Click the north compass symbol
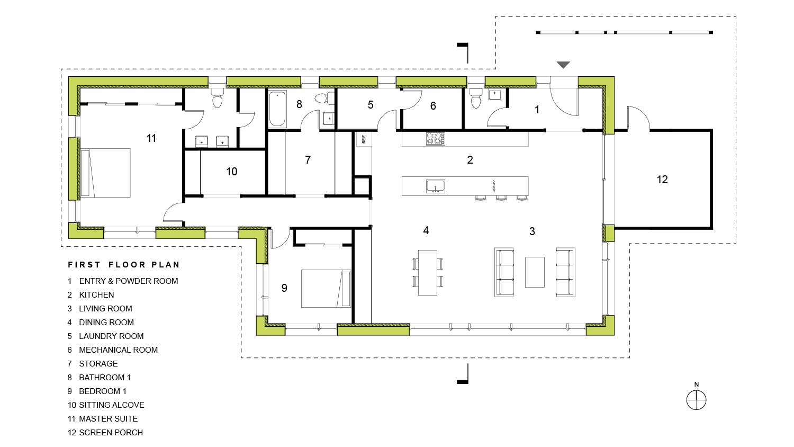pyautogui.click(x=696, y=400)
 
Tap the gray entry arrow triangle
pyautogui.click(x=563, y=65)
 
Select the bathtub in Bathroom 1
pyautogui.click(x=277, y=110)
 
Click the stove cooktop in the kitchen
pyautogui.click(x=435, y=139)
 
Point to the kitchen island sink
pyautogui.click(x=435, y=186)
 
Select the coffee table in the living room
pyautogui.click(x=535, y=272)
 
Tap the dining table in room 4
pyautogui.click(x=428, y=272)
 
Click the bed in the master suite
pyautogui.click(x=105, y=173)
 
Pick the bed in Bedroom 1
pyautogui.click(x=326, y=289)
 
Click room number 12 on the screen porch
pyautogui.click(x=662, y=180)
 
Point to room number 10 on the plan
pyautogui.click(x=231, y=172)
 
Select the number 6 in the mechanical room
pyautogui.click(x=433, y=106)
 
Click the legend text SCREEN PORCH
pyautogui.click(x=111, y=432)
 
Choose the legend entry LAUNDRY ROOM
pyautogui.click(x=111, y=336)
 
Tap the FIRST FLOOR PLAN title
pyautogui.click(x=124, y=264)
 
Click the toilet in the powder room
pyautogui.click(x=475, y=99)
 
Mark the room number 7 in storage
pyautogui.click(x=308, y=160)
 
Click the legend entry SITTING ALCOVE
pyautogui.click(x=111, y=405)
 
